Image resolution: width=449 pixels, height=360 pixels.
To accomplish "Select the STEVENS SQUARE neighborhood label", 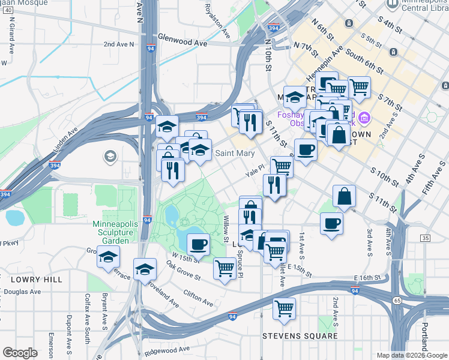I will click(300, 336).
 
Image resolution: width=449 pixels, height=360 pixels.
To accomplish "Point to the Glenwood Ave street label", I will click(182, 43).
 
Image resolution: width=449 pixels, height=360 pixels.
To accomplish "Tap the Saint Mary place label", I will click(235, 154).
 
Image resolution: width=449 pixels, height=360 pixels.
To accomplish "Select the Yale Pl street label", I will click(255, 172).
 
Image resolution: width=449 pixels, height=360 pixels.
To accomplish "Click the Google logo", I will click(20, 353).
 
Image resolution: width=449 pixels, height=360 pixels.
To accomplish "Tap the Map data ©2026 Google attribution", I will click(412, 355).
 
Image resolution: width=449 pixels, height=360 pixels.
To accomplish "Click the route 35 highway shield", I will click(425, 238).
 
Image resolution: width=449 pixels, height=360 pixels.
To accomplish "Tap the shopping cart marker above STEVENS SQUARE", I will click(284, 309).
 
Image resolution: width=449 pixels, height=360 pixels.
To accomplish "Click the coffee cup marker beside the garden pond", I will click(199, 244).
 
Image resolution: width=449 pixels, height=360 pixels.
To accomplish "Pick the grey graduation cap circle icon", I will click(109, 157).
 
